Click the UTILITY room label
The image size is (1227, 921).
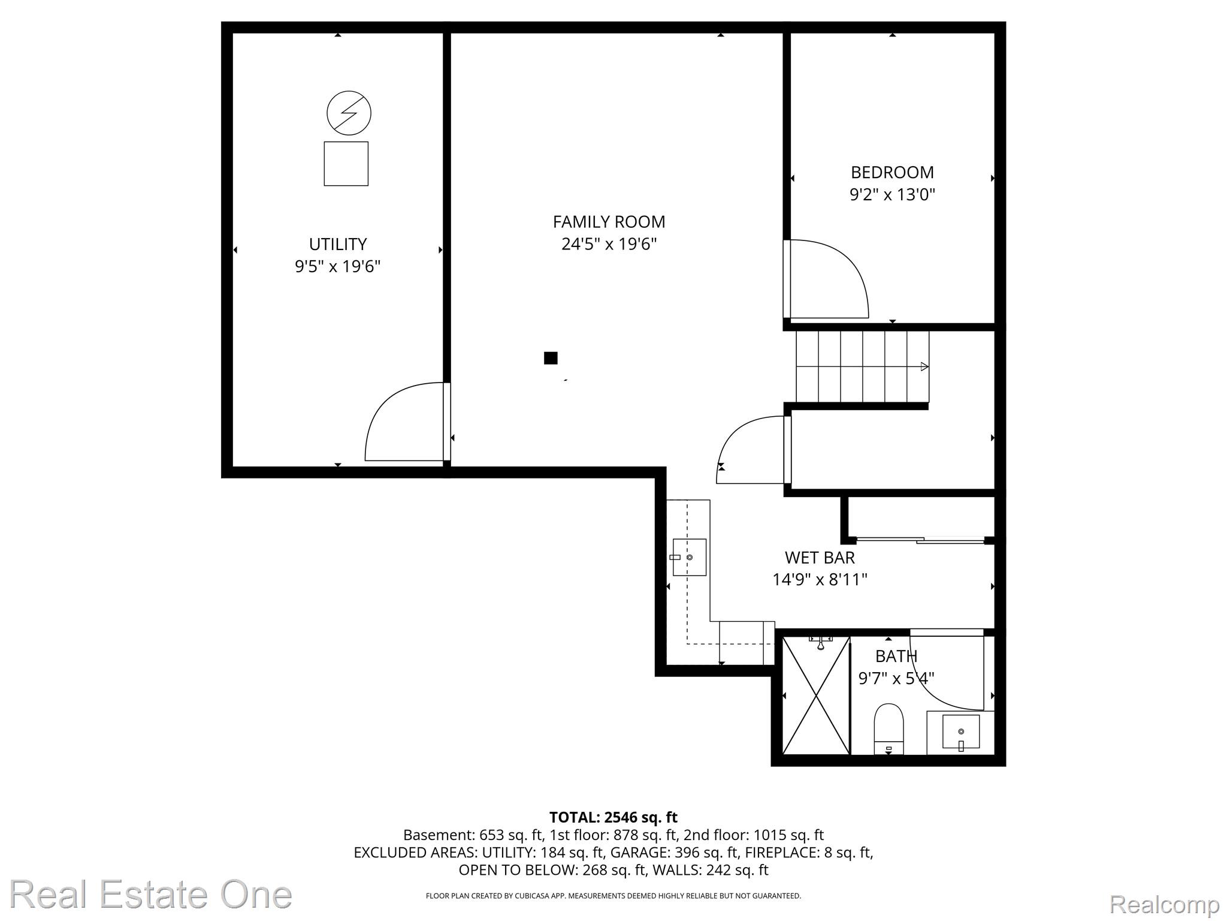(x=338, y=244)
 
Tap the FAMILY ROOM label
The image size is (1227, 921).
(x=609, y=222)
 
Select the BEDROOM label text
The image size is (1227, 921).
(x=892, y=173)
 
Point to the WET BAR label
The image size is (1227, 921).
(x=820, y=558)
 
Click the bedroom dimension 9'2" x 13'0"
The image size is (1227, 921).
(x=892, y=195)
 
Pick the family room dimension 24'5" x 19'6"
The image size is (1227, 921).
(x=609, y=244)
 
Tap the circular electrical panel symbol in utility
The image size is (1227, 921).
(x=349, y=113)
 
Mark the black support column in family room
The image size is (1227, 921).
(x=551, y=358)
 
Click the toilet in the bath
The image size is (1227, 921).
(x=888, y=729)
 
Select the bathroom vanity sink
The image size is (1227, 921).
(x=961, y=732)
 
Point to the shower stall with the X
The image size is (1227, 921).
(x=816, y=696)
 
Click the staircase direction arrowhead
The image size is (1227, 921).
(x=924, y=366)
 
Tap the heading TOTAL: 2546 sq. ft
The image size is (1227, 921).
(x=613, y=817)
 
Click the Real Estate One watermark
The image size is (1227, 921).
(x=151, y=894)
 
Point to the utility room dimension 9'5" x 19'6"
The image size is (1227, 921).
(x=338, y=266)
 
